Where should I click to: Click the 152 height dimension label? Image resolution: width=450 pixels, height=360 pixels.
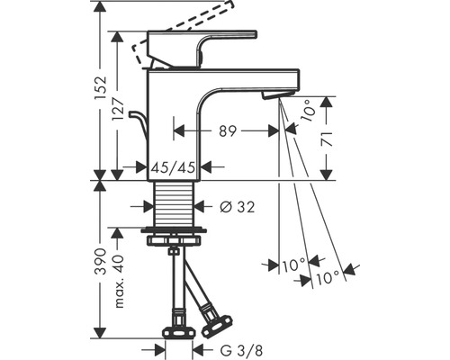[102, 89]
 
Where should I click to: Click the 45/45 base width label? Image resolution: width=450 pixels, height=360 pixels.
[173, 166]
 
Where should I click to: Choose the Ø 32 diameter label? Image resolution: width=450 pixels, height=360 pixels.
[232, 206]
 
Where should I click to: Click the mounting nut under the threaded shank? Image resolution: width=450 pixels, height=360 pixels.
[173, 236]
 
